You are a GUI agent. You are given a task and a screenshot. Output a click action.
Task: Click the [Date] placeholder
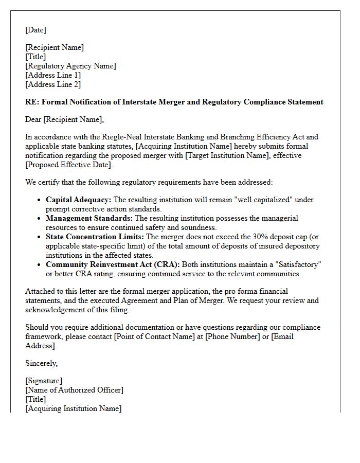[x=35, y=30]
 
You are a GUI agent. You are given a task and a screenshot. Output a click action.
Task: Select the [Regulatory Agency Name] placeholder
[x=70, y=66]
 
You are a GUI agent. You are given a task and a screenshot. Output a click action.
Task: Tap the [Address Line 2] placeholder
[x=53, y=84]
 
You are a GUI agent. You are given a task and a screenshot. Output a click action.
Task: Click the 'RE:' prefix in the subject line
[x=32, y=102]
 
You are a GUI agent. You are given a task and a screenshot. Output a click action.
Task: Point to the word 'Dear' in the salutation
[x=33, y=119]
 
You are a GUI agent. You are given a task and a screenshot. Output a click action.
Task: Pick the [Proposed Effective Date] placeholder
[x=68, y=165]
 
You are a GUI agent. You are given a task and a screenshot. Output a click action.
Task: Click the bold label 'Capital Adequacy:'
[x=78, y=200]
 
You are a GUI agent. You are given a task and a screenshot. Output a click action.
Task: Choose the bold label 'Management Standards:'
[x=89, y=218]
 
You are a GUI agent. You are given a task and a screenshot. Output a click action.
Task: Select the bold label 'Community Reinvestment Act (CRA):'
[x=113, y=264]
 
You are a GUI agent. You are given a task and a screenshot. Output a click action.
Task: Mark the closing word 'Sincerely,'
[x=42, y=363]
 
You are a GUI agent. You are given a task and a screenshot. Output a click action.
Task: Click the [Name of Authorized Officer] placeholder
[x=74, y=390]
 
